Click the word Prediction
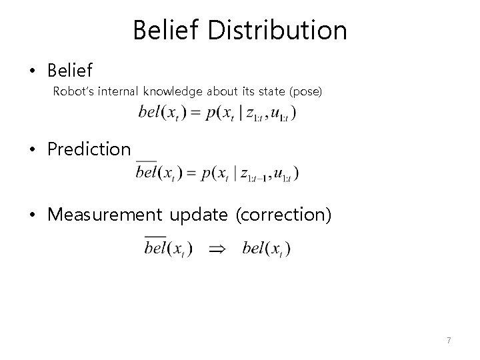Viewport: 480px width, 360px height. click(89, 149)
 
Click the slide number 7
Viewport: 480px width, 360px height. click(449, 341)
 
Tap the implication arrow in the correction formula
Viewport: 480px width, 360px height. click(217, 249)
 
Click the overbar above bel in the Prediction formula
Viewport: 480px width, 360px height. click(146, 162)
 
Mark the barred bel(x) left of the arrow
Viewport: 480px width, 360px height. click(169, 249)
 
